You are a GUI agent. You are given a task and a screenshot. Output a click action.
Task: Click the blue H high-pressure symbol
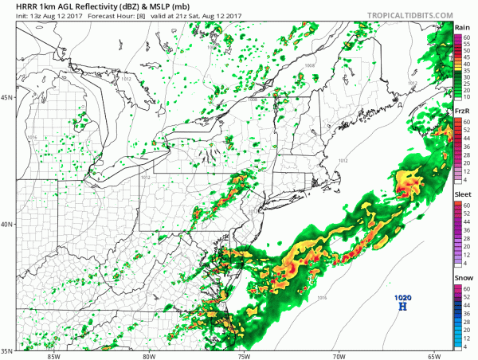403,306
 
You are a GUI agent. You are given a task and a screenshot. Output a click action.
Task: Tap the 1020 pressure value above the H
403,296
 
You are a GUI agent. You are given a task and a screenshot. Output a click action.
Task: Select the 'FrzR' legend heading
462,110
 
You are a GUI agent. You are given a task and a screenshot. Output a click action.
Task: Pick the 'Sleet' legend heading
462,194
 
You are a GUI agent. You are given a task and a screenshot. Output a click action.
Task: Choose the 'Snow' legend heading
462,277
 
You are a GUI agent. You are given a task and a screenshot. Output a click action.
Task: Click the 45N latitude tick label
7,98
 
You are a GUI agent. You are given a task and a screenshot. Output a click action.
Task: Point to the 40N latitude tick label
7,224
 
